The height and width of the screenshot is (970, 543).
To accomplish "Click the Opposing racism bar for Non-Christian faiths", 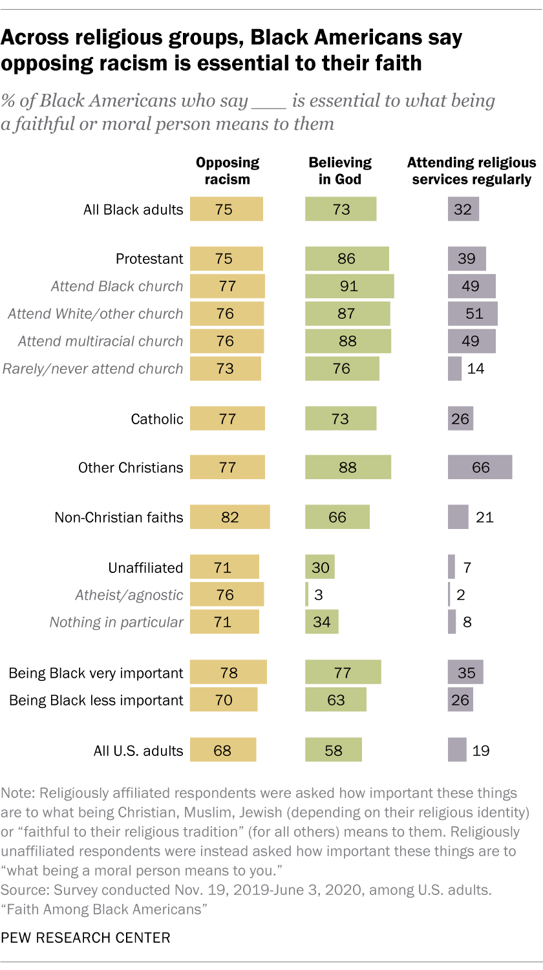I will click(229, 517).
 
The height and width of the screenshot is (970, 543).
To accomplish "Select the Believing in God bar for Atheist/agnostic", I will click(307, 595).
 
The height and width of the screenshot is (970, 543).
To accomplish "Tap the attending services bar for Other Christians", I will click(480, 468).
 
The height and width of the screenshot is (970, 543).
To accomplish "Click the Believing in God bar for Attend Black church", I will click(349, 286).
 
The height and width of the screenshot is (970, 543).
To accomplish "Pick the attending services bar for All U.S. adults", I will click(457, 751).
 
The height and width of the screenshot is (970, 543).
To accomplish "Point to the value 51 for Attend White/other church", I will click(474, 314).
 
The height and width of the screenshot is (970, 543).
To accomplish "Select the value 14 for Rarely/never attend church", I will click(475, 369).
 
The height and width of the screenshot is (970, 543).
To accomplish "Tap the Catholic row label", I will click(157, 419).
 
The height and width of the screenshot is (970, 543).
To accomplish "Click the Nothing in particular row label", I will click(116, 622).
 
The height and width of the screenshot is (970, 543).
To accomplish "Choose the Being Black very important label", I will click(96, 673).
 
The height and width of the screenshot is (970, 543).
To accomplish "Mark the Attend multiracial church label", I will click(100, 341).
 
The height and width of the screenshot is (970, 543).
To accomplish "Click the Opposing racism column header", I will click(227, 171).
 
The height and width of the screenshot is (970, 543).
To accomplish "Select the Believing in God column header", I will click(340, 171).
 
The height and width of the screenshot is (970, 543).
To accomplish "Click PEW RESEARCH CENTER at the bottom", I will click(86, 937).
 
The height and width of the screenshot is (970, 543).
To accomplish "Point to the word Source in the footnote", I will click(21, 890).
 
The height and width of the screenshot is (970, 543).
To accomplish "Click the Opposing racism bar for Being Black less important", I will click(224, 700).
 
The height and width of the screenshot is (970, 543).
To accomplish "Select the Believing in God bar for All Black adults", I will click(341, 210).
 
